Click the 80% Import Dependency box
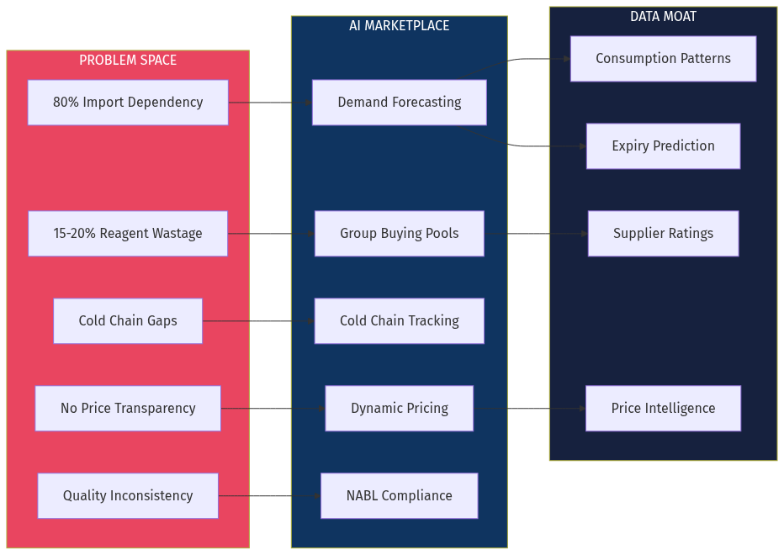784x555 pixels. click(x=128, y=103)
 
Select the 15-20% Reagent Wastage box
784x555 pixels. click(x=128, y=234)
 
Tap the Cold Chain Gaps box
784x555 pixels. click(x=128, y=321)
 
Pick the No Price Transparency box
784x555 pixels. click(x=128, y=409)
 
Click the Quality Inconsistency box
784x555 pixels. click(x=128, y=496)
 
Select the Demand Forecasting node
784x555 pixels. click(x=399, y=103)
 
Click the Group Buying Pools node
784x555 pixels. click(x=399, y=234)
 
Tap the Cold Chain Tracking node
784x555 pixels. click(x=399, y=321)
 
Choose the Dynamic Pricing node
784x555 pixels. click(x=399, y=409)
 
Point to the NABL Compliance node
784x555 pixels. click(x=399, y=496)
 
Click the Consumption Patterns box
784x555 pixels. click(x=663, y=59)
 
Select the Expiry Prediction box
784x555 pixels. click(x=663, y=146)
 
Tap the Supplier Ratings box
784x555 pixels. click(x=663, y=234)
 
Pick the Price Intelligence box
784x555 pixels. click(x=663, y=409)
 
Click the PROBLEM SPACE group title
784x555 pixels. click(x=128, y=61)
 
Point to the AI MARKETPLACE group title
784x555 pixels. click(x=399, y=26)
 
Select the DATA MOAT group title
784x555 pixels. click(x=663, y=17)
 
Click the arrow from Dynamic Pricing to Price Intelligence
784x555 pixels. click(x=530, y=409)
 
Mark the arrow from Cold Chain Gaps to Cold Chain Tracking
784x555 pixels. click(x=258, y=321)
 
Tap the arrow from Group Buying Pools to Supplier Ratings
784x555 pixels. click(x=536, y=234)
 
